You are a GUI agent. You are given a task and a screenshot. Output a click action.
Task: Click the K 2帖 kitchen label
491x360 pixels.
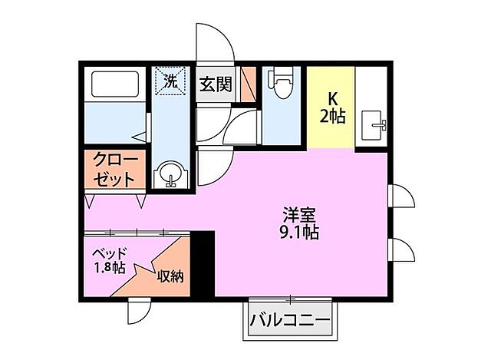tap(332, 108)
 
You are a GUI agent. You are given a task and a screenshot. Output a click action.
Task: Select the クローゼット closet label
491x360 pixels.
tap(115, 170)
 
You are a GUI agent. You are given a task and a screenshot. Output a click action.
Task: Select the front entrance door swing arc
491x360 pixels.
tap(216, 42)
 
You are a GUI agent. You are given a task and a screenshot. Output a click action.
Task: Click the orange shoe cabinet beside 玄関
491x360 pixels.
tap(247, 84)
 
